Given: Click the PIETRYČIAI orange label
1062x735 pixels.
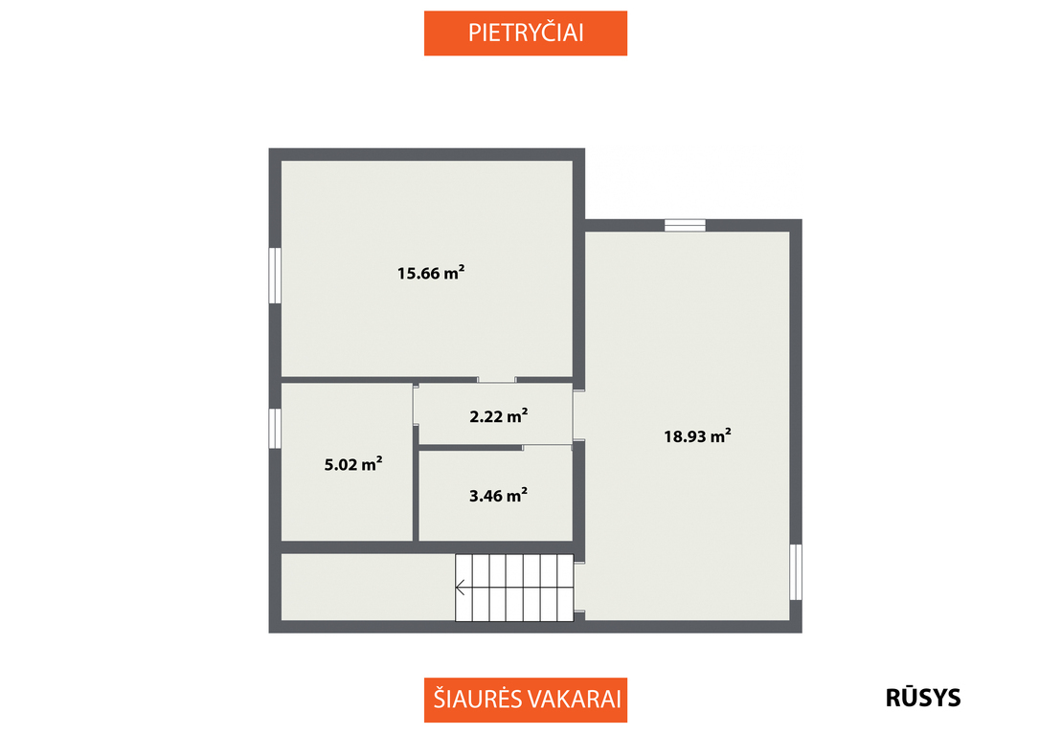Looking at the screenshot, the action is pyautogui.click(x=526, y=33).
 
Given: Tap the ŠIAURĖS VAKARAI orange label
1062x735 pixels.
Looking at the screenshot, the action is pyautogui.click(x=526, y=700).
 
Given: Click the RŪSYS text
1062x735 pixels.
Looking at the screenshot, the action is pyautogui.click(x=923, y=698).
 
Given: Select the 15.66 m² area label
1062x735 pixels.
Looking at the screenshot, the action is pyautogui.click(x=431, y=273).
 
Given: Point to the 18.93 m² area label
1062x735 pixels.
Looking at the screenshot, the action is pyautogui.click(x=697, y=435).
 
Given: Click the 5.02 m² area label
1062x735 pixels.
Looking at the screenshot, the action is pyautogui.click(x=352, y=464).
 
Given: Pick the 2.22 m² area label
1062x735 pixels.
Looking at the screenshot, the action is pyautogui.click(x=499, y=415).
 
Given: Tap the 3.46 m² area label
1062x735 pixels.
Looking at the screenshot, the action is pyautogui.click(x=499, y=496).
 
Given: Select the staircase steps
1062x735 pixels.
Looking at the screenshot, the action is pyautogui.click(x=515, y=588).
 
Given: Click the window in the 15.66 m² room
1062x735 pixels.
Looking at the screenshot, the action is pyautogui.click(x=275, y=276).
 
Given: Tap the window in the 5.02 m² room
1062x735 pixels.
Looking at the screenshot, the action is pyautogui.click(x=275, y=429).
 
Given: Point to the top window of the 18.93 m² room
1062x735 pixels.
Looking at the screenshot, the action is pyautogui.click(x=685, y=225).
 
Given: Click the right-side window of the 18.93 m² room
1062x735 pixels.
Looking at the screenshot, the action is pyautogui.click(x=796, y=572).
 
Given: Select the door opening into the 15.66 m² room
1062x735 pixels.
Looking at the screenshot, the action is pyautogui.click(x=496, y=380).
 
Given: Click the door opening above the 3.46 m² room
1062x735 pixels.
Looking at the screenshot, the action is pyautogui.click(x=547, y=447).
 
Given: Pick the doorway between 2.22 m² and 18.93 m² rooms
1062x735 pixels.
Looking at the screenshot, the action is pyautogui.click(x=579, y=415).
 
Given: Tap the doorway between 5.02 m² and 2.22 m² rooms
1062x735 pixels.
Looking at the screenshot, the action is pyautogui.click(x=416, y=405).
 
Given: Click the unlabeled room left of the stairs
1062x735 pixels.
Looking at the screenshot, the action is pyautogui.click(x=368, y=588).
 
